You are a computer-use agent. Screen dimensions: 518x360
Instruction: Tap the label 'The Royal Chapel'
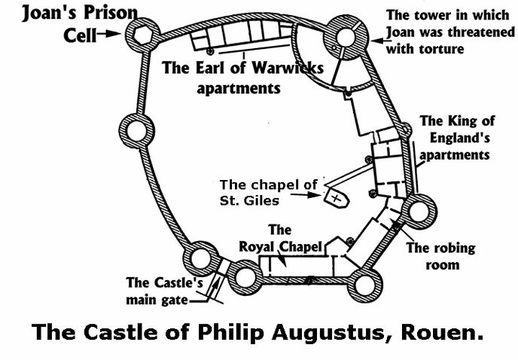[x=280, y=238]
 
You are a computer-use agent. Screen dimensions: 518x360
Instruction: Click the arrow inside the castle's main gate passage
[x=215, y=285]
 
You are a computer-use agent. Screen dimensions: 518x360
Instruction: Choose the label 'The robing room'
[x=441, y=256]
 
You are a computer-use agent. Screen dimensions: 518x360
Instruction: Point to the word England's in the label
[x=459, y=138]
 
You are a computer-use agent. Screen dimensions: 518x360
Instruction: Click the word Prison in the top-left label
[x=111, y=14]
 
